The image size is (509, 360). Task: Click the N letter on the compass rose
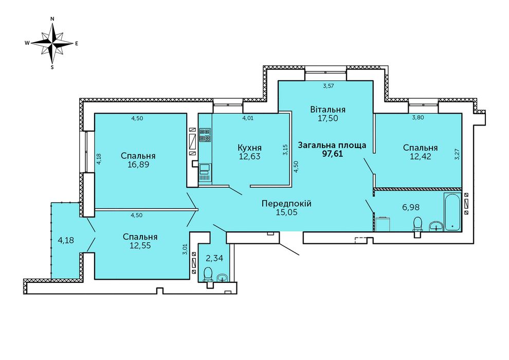click(52, 19)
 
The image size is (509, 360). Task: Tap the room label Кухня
click(250, 148)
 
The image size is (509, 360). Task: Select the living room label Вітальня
click(328, 110)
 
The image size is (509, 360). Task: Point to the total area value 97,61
click(333, 154)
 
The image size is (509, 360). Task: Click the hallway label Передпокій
click(287, 204)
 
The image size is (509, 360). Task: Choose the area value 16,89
click(138, 164)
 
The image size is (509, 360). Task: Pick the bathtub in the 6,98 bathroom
click(452, 212)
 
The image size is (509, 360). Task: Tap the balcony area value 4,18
click(66, 241)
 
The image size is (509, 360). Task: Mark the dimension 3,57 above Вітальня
click(329, 86)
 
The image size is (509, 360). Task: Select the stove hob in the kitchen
click(205, 135)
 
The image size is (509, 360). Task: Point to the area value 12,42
click(421, 156)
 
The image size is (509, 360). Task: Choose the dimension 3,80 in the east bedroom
click(418, 118)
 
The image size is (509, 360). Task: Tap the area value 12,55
click(140, 245)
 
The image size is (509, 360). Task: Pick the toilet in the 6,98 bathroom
click(417, 226)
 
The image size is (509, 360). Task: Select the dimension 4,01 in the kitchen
click(248, 118)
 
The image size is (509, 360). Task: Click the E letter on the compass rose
click(77, 43)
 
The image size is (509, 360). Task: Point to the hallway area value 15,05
click(287, 212)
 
